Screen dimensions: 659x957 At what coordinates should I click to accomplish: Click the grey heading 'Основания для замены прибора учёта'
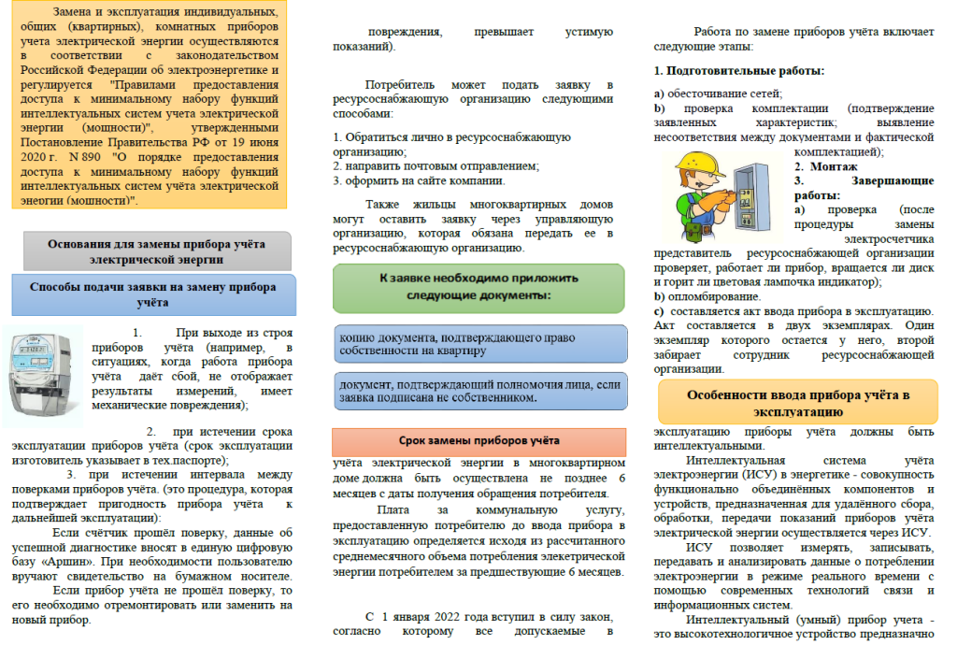coord(157,251)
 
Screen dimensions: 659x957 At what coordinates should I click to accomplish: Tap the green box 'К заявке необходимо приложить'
coord(478,287)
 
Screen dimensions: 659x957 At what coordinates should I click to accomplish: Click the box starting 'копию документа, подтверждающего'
coord(480,343)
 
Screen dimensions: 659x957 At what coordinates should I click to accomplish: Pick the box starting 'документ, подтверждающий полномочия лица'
coord(480,391)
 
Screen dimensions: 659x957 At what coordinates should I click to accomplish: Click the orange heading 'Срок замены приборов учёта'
coord(478,440)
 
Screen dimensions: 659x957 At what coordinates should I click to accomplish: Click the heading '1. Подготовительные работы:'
coord(738,70)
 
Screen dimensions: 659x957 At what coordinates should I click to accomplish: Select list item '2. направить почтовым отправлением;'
coord(436,165)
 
